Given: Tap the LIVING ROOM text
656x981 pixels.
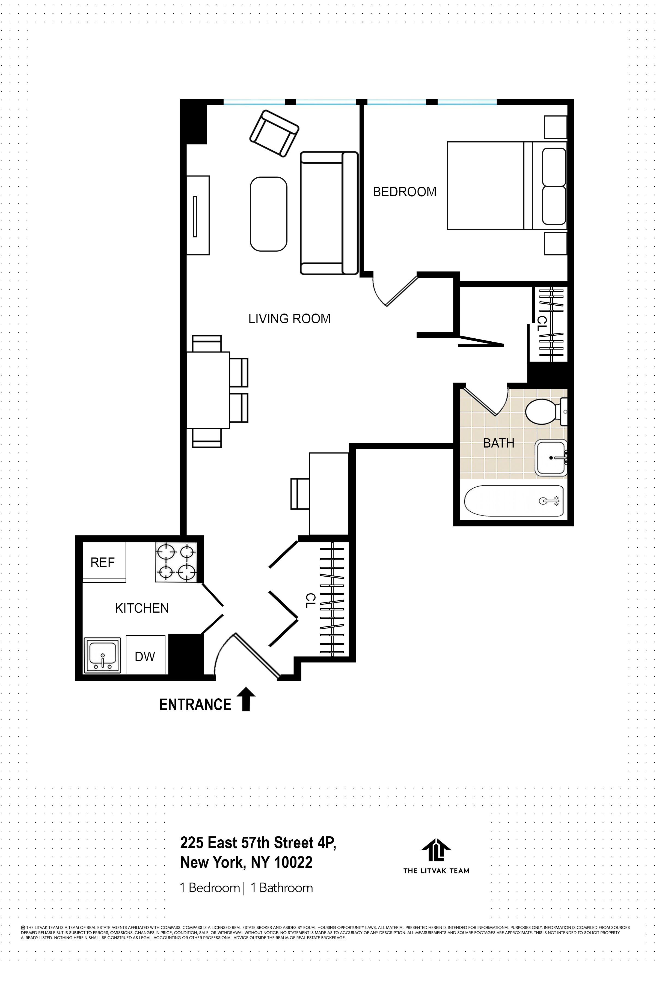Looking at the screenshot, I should (289, 319).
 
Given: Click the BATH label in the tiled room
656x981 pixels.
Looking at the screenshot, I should (498, 443).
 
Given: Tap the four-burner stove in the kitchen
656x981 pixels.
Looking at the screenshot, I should (176, 562).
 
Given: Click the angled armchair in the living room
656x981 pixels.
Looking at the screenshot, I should (274, 133).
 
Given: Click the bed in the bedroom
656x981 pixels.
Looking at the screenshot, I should (506, 185).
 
